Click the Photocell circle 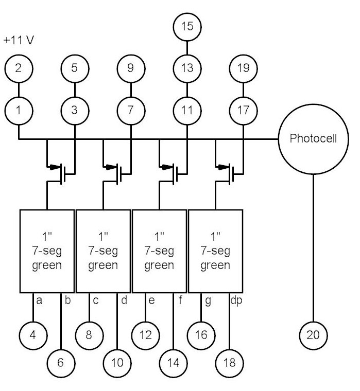pos(313,139)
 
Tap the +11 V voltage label pos(18,40)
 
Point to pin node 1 pos(19,110)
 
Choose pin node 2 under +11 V pos(19,67)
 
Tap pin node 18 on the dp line pos(230,362)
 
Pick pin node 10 pos(117,362)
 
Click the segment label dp pos(235,299)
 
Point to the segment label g pos(208,299)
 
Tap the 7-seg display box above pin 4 pos(47,251)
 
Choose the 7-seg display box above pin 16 pos(216,251)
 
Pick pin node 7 pos(131,110)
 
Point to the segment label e pos(152,299)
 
